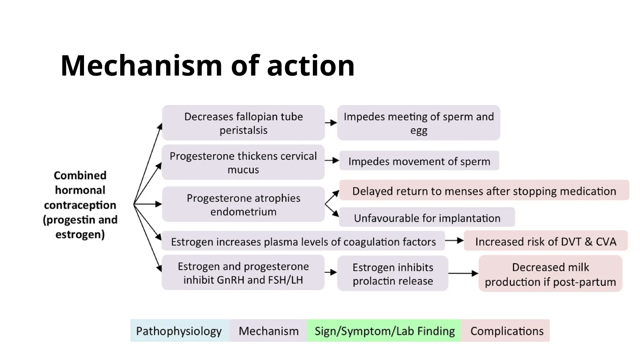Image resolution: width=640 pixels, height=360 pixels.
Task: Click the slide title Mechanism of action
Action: click(x=207, y=66)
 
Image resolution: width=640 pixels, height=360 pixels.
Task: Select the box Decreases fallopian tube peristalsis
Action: click(x=243, y=123)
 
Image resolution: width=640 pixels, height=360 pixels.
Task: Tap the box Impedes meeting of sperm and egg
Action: click(x=419, y=123)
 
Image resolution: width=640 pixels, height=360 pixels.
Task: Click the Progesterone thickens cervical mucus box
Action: click(x=243, y=162)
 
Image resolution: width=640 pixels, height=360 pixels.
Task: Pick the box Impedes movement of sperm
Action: click(x=419, y=161)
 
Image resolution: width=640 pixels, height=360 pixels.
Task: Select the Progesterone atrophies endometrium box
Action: click(x=243, y=205)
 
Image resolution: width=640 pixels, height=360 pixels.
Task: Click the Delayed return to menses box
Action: click(x=484, y=191)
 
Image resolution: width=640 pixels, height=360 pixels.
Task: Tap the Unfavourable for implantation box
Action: click(x=427, y=218)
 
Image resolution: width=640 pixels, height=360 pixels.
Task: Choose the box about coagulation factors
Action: click(x=303, y=242)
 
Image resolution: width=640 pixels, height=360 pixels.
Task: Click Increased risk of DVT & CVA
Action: click(x=546, y=241)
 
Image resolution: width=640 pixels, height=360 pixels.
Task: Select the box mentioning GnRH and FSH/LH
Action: click(x=243, y=273)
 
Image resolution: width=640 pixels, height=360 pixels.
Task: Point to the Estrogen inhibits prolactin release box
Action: click(x=393, y=274)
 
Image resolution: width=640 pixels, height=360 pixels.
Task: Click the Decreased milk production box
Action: click(x=550, y=274)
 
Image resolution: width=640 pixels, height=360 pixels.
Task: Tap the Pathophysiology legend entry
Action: click(x=179, y=331)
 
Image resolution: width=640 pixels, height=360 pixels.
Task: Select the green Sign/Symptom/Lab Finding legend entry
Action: click(x=384, y=331)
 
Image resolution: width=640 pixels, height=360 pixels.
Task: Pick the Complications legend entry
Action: click(x=507, y=331)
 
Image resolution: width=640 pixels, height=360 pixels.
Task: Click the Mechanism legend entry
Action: click(x=268, y=331)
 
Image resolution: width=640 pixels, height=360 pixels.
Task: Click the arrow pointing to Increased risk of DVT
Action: click(x=454, y=241)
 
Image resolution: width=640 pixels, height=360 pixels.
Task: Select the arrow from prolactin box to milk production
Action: click(x=463, y=273)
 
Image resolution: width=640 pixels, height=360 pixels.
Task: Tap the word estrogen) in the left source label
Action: click(x=80, y=234)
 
